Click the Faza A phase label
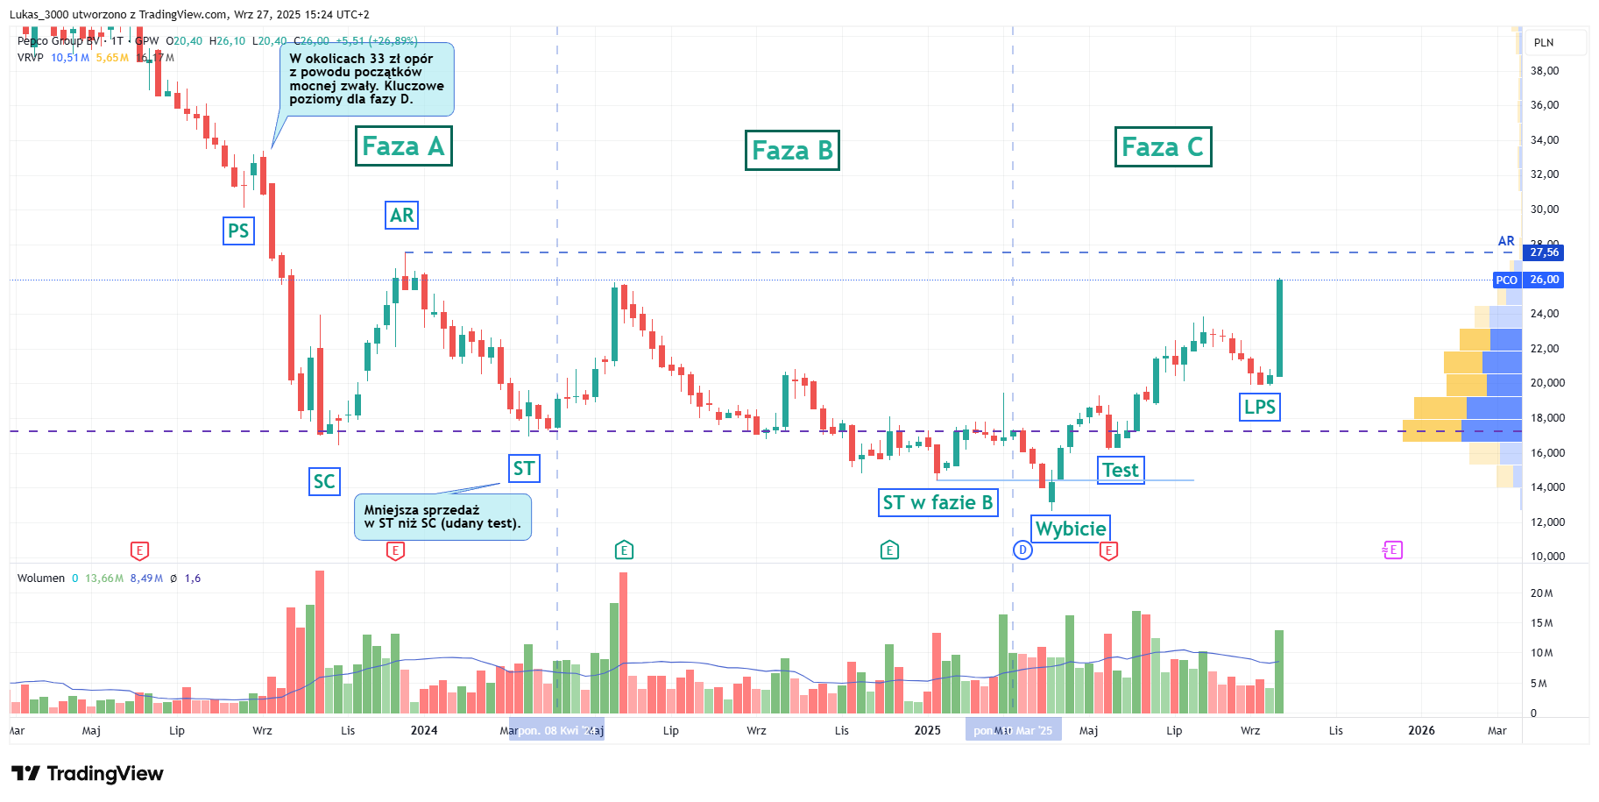click(x=403, y=146)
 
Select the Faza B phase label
click(x=792, y=151)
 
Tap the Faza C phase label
click(x=1163, y=147)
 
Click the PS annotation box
click(x=238, y=231)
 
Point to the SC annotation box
click(x=324, y=481)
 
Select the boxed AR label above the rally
click(x=401, y=216)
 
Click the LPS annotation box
click(x=1260, y=407)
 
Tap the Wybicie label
click(x=1070, y=529)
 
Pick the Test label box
click(x=1121, y=470)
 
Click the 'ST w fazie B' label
click(x=937, y=502)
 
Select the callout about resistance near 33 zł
click(x=367, y=80)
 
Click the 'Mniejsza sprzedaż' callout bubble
click(x=442, y=517)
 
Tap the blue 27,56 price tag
click(x=1544, y=252)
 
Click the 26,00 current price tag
click(x=1544, y=280)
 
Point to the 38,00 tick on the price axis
click(x=1544, y=71)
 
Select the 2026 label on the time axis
click(x=1421, y=730)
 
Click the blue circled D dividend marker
click(x=1022, y=550)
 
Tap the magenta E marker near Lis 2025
click(x=1392, y=550)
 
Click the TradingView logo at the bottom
click(x=88, y=773)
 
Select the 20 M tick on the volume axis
click(x=1541, y=593)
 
